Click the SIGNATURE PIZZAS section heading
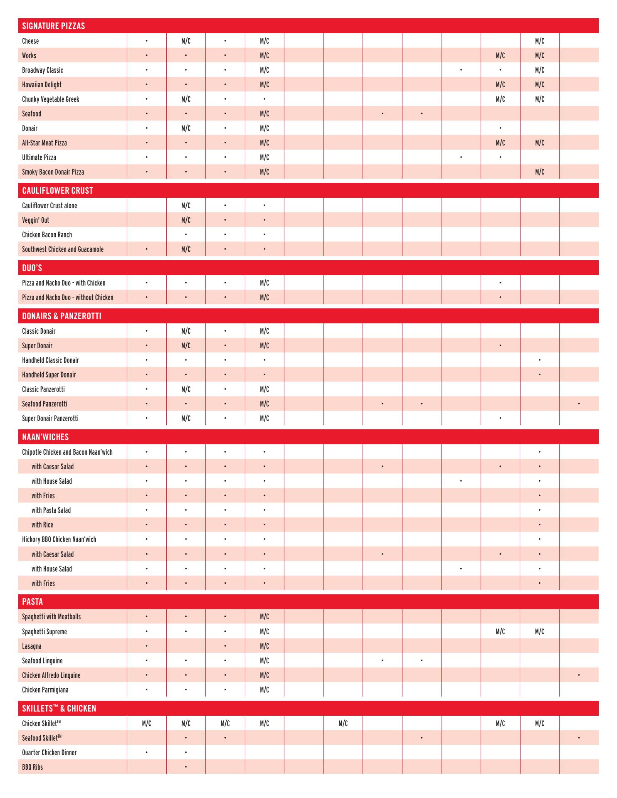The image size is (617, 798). click(x=53, y=26)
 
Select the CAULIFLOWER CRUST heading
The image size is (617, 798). click(x=57, y=190)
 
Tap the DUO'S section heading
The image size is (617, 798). click(x=32, y=268)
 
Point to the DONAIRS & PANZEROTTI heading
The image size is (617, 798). click(x=62, y=316)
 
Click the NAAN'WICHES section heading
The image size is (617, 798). click(x=45, y=437)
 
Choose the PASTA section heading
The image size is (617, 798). click(x=32, y=601)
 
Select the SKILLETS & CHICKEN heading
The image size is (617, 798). click(x=59, y=708)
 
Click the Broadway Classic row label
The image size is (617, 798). click(x=42, y=70)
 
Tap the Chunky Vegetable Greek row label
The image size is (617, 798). click(x=50, y=99)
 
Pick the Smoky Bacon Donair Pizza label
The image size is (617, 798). click(x=53, y=172)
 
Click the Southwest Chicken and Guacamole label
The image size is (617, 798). click(x=63, y=249)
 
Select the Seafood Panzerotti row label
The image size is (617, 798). click(x=44, y=404)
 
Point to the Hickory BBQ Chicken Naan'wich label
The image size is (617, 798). click(x=59, y=539)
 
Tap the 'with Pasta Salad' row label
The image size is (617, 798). click(x=51, y=510)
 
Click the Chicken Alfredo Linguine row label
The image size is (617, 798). click(x=51, y=675)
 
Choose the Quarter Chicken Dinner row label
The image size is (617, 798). click(x=49, y=752)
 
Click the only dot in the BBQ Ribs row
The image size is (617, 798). click(x=186, y=767)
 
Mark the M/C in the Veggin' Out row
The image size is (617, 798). click(x=186, y=220)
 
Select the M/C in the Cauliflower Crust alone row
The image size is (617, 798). click(x=186, y=205)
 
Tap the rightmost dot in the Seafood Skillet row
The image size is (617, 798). click(x=579, y=738)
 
